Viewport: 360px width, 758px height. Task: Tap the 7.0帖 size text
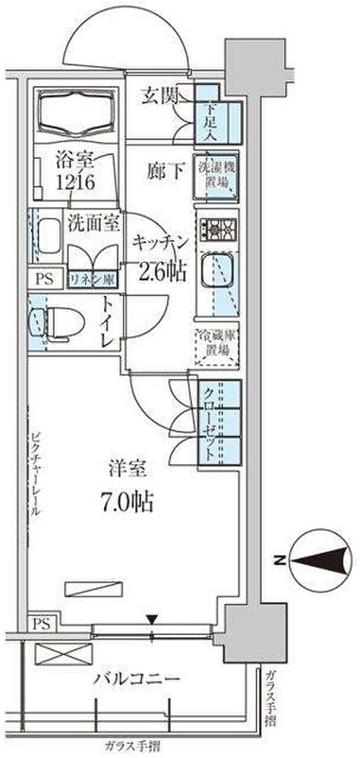click(127, 502)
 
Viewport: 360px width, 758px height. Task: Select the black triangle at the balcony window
click(152, 621)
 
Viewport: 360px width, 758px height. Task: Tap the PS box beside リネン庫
click(44, 279)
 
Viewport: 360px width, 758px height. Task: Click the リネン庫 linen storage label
click(92, 280)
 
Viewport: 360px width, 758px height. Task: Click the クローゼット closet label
click(211, 425)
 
